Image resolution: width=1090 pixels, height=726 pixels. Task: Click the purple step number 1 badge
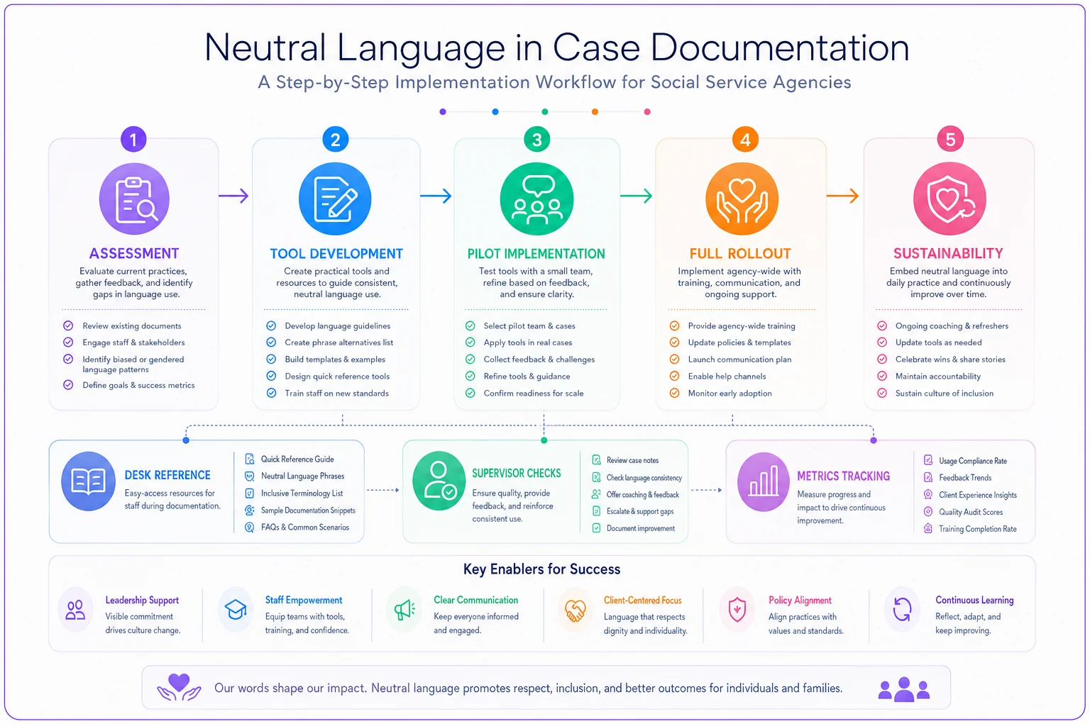pos(133,140)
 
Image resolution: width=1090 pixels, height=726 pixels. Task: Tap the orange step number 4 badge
pos(744,140)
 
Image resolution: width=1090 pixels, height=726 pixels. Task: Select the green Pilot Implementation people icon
pos(536,199)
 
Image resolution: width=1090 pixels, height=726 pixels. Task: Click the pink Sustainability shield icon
pos(949,199)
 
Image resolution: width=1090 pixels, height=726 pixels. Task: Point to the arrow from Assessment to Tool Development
pos(233,196)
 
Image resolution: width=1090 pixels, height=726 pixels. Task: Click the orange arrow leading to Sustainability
pos(842,196)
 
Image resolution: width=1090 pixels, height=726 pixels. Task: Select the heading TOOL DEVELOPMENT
pos(336,253)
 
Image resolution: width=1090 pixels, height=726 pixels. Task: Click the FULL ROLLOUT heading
pos(740,253)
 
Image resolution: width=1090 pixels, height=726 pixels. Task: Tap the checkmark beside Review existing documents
pos(68,325)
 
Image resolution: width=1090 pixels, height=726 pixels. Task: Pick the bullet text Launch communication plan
pos(739,359)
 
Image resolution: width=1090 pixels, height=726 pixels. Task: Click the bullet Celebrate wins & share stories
pos(950,359)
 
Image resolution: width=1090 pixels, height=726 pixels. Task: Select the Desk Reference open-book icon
pos(88,481)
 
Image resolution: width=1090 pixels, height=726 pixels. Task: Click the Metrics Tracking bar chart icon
pos(763,481)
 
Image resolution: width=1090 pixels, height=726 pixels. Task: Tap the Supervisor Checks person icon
pos(439,481)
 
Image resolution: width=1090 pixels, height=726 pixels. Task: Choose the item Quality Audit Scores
pos(971,512)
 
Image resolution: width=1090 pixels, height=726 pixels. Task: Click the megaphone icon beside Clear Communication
pos(404,610)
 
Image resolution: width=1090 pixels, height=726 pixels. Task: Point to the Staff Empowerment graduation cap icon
pos(236,609)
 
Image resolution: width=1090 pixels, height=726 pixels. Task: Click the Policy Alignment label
pos(800,600)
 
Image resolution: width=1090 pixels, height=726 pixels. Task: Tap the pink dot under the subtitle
pos(647,112)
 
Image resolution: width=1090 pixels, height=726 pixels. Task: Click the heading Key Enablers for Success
pos(541,569)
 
